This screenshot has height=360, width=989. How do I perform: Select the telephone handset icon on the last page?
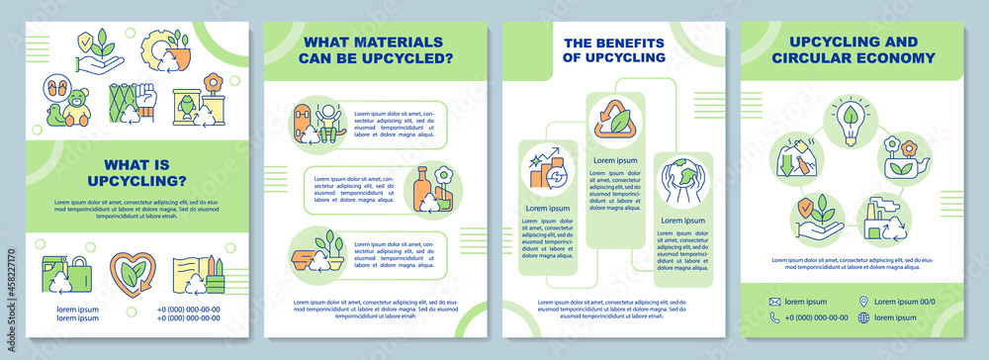click(776, 317)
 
